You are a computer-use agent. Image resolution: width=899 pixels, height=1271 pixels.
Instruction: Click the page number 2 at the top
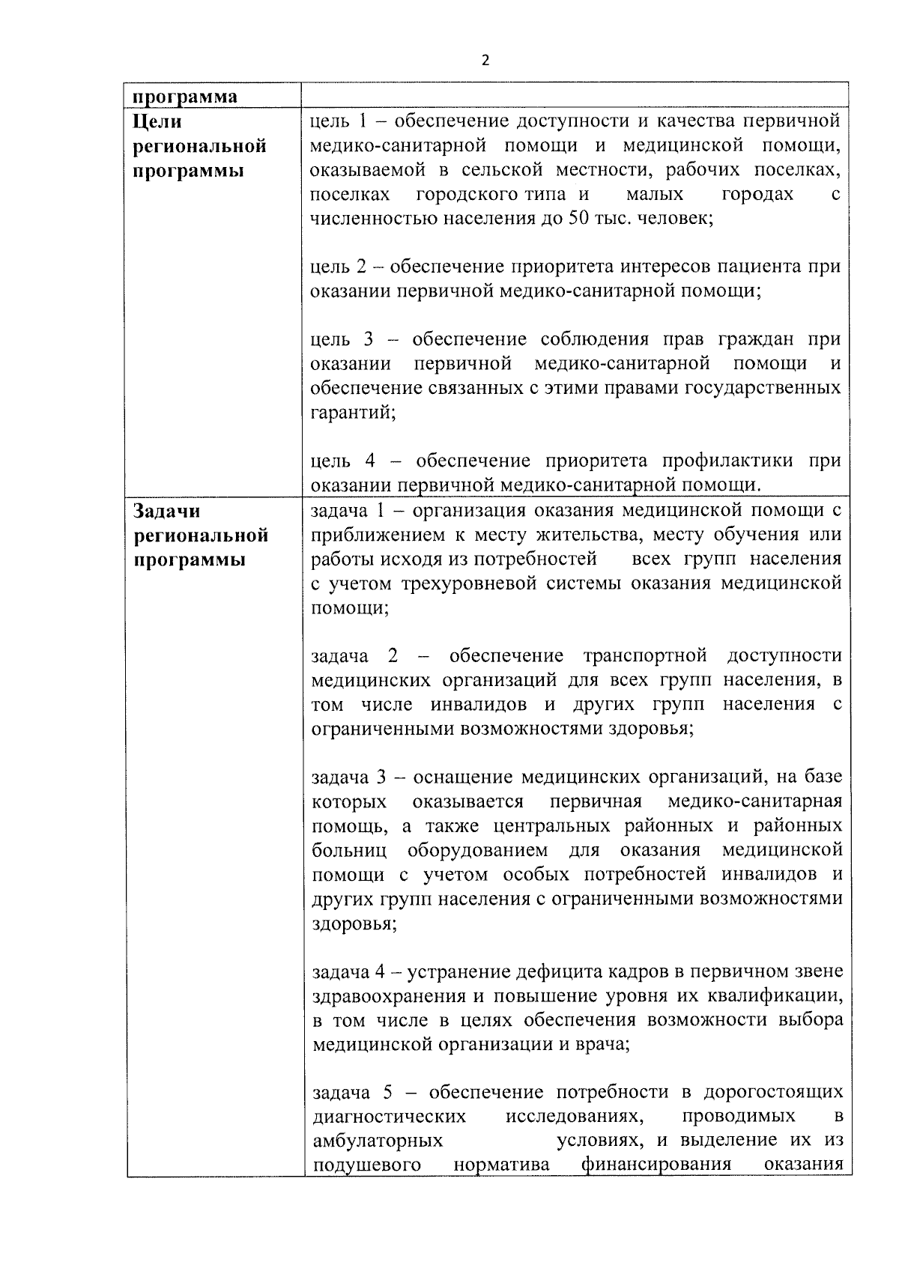[x=485, y=61]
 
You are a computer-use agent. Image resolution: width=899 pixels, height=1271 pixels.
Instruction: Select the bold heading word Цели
[x=157, y=121]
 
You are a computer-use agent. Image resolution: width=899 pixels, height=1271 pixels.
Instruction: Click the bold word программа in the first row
[x=185, y=97]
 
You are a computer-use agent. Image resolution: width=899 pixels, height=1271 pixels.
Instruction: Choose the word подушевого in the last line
[x=366, y=1165]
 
